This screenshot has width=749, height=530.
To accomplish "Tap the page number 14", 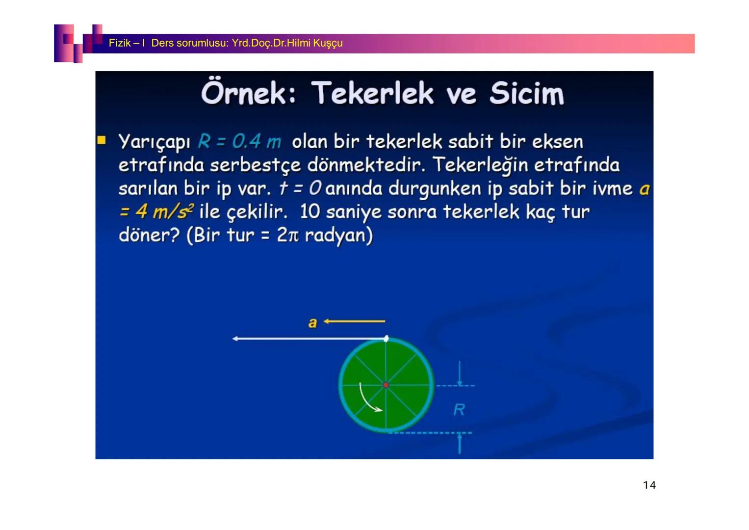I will point(649,485).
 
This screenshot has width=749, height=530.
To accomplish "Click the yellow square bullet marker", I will point(102,141).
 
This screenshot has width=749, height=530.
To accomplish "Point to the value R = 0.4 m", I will point(239,142).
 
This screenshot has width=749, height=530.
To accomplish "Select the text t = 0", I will point(300,188).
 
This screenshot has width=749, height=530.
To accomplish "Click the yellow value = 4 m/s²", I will point(155,212).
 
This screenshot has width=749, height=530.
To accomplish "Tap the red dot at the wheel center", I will point(386,385).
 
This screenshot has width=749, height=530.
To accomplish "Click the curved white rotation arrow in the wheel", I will point(368,400).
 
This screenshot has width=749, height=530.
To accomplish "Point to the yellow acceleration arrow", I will point(354,321).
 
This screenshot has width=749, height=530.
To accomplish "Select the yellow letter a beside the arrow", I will point(312,322).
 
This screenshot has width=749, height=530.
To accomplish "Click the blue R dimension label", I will point(459,409).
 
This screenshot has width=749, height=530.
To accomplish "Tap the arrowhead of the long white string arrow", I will point(235,339).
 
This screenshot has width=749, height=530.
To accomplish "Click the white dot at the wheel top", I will point(387,339).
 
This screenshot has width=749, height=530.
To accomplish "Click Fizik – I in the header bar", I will point(127,43).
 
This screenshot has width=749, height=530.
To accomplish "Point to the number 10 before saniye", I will point(310,212).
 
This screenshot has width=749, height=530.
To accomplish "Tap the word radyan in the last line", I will point(338,235).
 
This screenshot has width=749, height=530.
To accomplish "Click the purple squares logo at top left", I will point(77,43).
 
